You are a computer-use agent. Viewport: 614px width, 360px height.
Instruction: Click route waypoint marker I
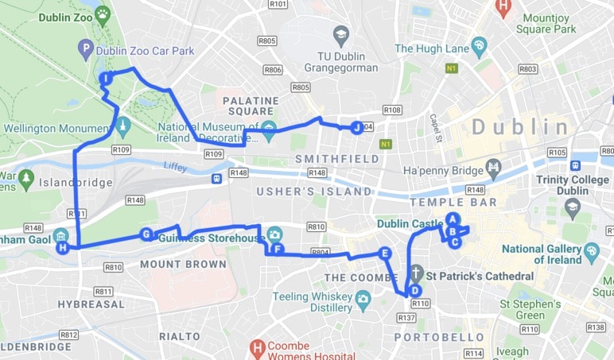[x=106, y=78]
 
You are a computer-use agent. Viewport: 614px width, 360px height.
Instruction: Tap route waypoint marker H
[x=62, y=248]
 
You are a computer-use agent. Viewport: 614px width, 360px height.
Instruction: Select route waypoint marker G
[x=146, y=234]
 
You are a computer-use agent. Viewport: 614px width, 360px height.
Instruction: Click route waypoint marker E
[x=385, y=254]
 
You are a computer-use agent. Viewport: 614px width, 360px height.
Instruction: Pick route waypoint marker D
[x=414, y=291]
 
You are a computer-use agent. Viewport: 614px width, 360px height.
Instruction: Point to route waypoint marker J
[x=356, y=126]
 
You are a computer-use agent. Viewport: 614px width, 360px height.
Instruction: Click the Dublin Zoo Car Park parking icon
[x=86, y=50]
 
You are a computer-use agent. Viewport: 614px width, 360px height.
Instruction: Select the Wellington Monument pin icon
[x=122, y=125]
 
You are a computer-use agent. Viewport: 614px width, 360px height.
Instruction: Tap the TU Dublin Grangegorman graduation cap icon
[x=341, y=34]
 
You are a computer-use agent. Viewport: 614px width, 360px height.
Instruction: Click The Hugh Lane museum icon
[x=478, y=46]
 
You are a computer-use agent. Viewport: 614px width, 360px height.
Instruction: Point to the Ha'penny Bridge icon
[x=494, y=168]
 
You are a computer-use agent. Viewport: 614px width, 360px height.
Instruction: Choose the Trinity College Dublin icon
[x=573, y=207]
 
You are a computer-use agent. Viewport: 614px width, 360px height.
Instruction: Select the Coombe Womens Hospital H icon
[x=256, y=347]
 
